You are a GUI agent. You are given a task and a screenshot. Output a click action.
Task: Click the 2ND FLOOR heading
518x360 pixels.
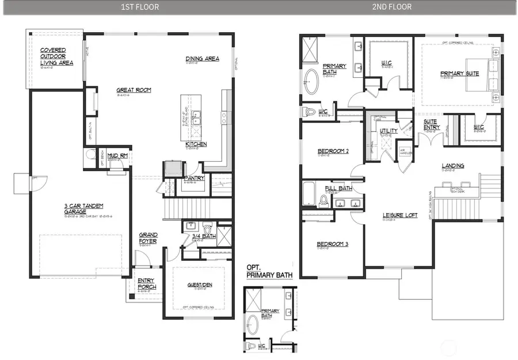point(396,7)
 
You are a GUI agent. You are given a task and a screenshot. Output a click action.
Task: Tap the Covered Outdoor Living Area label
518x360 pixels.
point(56,56)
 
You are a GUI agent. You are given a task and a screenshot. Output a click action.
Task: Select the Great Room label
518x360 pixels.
point(134,90)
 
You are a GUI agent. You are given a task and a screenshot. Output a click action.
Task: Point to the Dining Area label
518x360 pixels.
point(202,59)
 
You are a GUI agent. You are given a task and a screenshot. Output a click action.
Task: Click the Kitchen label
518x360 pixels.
point(196,143)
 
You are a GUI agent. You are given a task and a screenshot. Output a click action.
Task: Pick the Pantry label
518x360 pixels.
point(194,179)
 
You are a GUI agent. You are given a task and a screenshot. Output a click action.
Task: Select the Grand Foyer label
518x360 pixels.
point(148,238)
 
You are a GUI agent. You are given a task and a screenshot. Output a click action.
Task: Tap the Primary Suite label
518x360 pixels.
point(459,73)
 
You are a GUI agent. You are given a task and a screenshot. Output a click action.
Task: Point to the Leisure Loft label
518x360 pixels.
point(401,216)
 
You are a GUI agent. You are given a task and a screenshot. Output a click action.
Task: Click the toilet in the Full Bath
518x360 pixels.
point(323,200)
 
